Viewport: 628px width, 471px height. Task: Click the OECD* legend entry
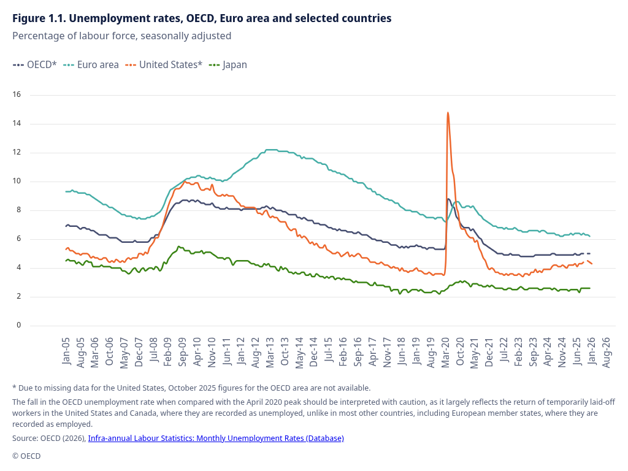(35, 64)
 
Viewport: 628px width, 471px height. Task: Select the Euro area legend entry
(91, 64)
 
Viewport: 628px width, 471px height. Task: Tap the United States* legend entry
(164, 64)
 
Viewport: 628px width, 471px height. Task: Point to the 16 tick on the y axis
(17, 94)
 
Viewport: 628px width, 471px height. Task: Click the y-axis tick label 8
(18, 210)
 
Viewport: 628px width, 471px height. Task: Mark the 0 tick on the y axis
(18, 325)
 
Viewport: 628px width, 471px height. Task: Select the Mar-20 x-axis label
(446, 351)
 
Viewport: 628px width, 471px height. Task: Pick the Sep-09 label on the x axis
(183, 351)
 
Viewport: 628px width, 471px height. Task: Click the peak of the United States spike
(448, 113)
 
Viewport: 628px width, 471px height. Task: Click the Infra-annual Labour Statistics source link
(216, 438)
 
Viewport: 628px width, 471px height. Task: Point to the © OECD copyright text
(26, 456)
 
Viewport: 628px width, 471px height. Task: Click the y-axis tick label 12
(17, 152)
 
